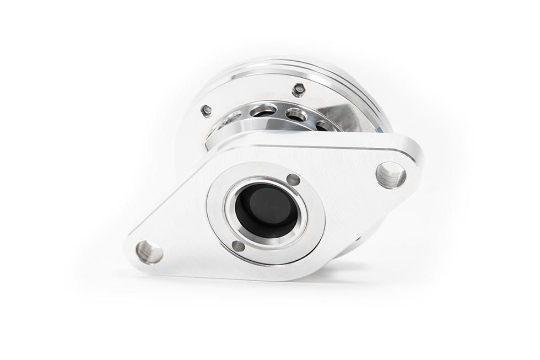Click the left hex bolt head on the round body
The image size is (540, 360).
[x=207, y=110]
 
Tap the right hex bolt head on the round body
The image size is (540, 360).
[x=299, y=89]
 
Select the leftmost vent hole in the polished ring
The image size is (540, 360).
[x=233, y=117]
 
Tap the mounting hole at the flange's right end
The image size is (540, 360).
[x=391, y=175]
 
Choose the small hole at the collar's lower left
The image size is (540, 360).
[x=238, y=246]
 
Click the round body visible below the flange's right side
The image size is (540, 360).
[x=353, y=245]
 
